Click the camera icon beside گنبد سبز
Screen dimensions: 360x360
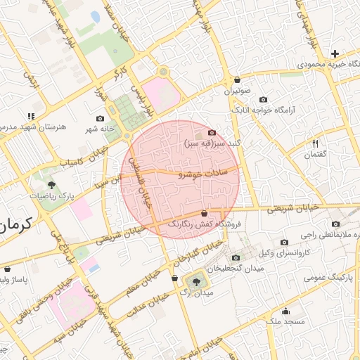[x=212, y=132]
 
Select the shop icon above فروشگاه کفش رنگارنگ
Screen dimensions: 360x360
[x=205, y=213]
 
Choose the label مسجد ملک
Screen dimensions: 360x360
[x=285, y=321]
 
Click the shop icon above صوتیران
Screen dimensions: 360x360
[x=238, y=80]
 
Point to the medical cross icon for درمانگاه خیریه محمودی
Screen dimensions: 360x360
[x=335, y=53]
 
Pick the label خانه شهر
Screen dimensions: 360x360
[x=100, y=128]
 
